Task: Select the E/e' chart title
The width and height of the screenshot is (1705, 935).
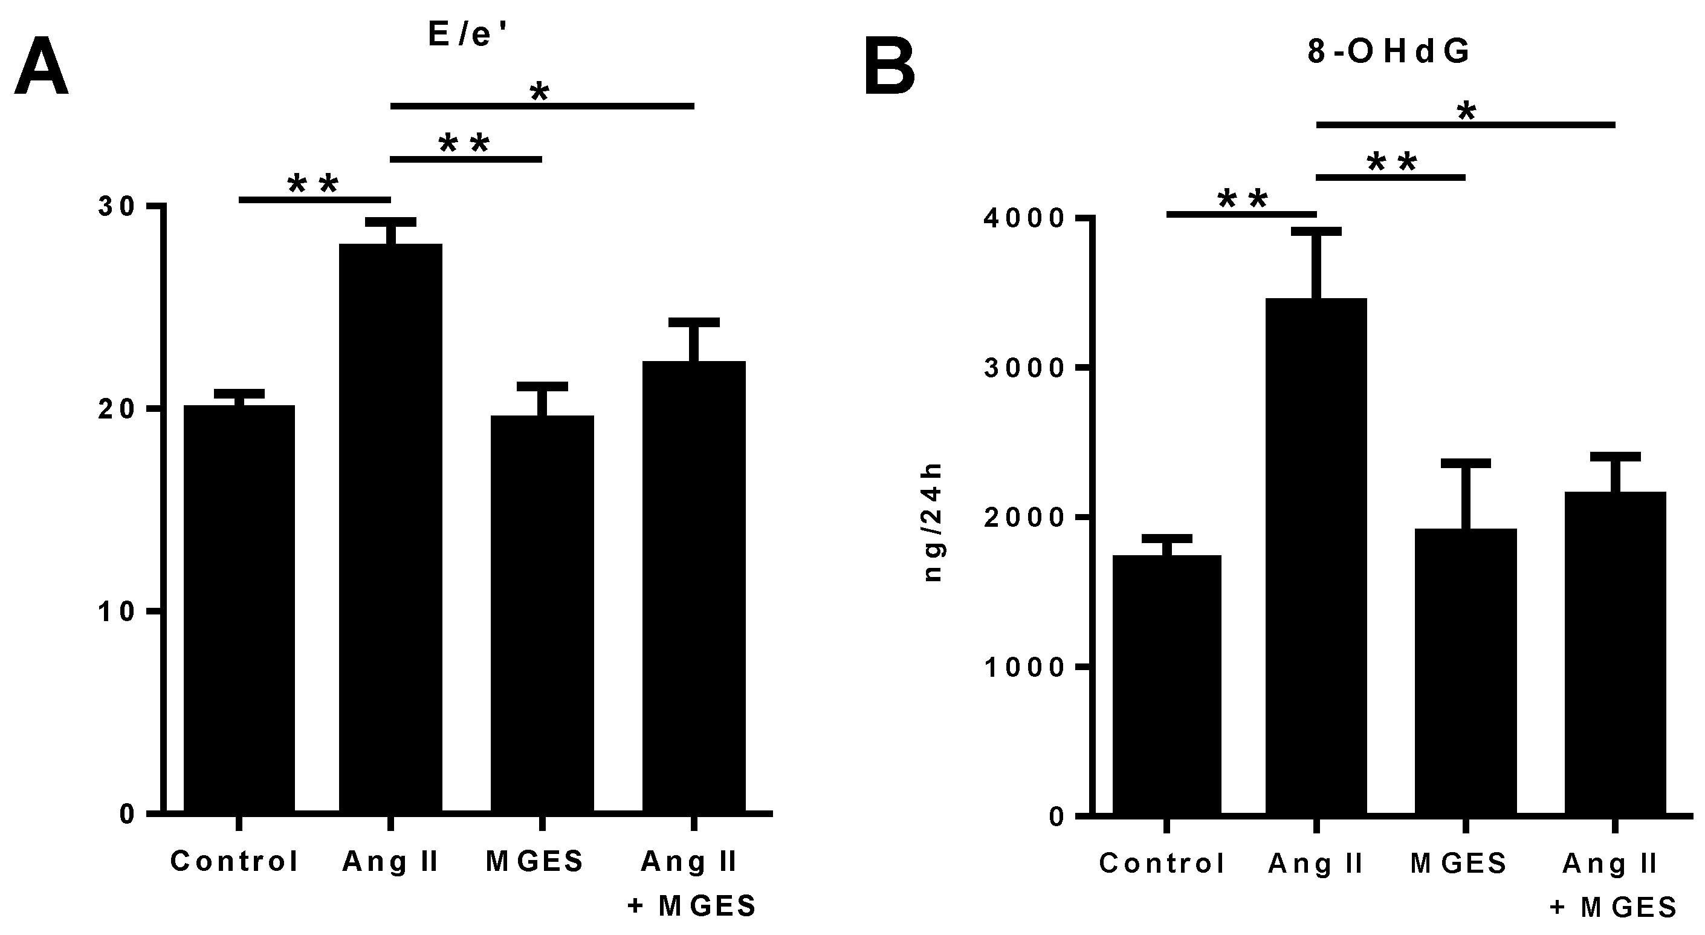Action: (x=468, y=34)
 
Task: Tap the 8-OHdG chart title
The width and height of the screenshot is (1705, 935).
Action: (x=1389, y=51)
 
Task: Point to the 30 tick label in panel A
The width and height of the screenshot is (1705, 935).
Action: (x=117, y=207)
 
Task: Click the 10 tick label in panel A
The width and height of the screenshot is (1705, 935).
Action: (x=117, y=612)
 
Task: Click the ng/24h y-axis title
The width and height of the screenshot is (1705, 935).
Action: (x=933, y=523)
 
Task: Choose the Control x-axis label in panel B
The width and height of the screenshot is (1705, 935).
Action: (x=1162, y=864)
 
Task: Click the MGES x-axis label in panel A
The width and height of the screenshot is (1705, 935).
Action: (x=535, y=861)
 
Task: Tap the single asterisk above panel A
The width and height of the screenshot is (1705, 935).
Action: (x=540, y=92)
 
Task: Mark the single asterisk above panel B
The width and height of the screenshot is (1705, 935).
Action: (x=1466, y=111)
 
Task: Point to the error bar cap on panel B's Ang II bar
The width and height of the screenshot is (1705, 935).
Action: (x=1316, y=231)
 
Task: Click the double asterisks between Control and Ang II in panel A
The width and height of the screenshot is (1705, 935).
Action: (x=313, y=183)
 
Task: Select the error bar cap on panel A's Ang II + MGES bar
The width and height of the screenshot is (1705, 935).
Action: (x=694, y=322)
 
